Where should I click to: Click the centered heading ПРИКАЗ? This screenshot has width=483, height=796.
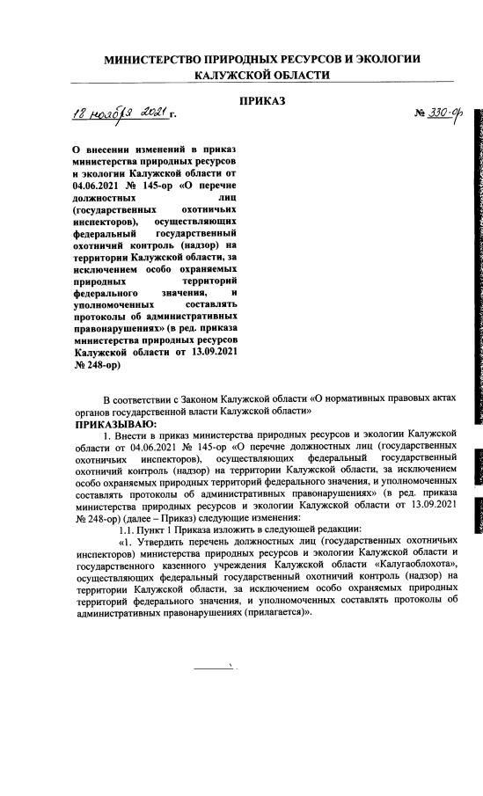262,101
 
